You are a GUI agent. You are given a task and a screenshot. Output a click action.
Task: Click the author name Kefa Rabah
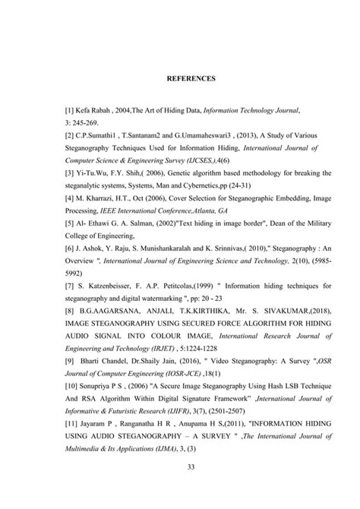tap(81, 110)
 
